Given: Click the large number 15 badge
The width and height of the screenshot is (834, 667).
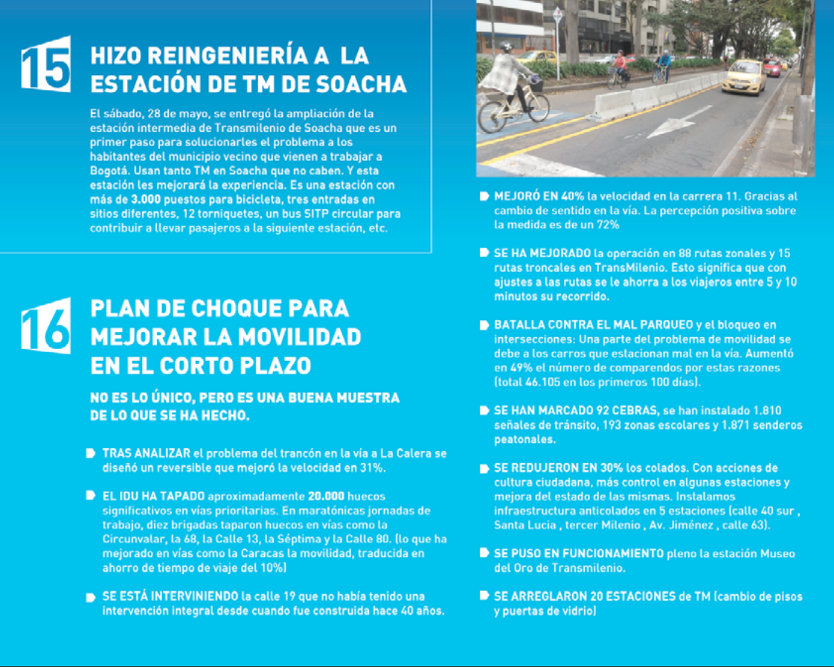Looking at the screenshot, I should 46,64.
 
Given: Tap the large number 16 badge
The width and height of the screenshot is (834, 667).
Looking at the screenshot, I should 46,325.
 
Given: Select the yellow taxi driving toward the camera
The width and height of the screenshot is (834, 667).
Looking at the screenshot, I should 742,77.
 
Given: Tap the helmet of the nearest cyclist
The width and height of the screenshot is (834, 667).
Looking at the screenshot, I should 507,47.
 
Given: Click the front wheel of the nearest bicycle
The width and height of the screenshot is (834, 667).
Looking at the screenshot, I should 492,116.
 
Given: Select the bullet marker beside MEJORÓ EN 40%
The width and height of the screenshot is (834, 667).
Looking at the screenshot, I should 484,197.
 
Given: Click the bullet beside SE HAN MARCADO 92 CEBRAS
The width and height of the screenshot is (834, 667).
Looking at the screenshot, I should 484,411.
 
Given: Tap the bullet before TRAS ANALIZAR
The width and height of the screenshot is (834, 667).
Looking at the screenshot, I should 90,453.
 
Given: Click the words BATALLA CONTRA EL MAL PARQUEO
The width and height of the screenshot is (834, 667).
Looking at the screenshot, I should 593,325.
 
